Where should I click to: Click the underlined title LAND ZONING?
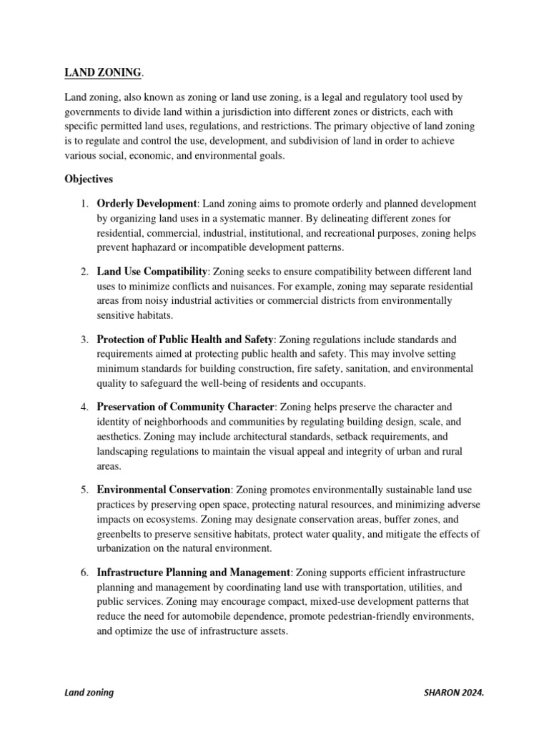[104, 72]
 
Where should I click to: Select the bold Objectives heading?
[89, 179]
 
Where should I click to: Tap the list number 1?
[84, 204]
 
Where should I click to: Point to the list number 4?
[84, 407]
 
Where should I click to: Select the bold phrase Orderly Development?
[147, 204]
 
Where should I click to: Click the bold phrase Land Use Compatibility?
[152, 272]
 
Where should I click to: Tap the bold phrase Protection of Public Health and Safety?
[185, 339]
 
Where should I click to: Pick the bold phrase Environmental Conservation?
[164, 489]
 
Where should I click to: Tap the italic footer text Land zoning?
[89, 693]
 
